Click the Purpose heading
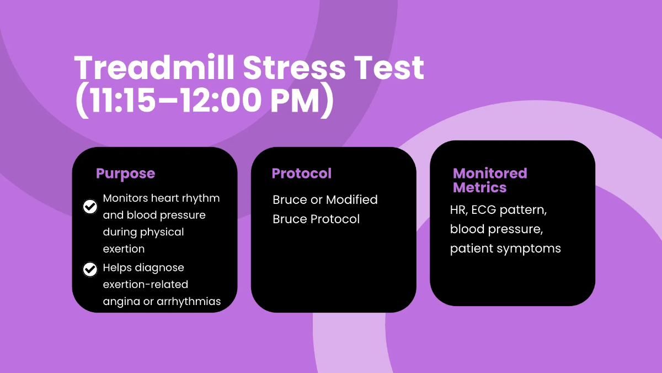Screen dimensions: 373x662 125,174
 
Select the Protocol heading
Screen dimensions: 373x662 302,174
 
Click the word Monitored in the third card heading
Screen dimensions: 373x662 490,174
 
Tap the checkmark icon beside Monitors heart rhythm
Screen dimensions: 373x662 89,207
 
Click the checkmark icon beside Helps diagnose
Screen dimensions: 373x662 89,270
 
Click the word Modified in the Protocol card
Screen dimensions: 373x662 352,199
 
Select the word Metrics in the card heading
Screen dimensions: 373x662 479,188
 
